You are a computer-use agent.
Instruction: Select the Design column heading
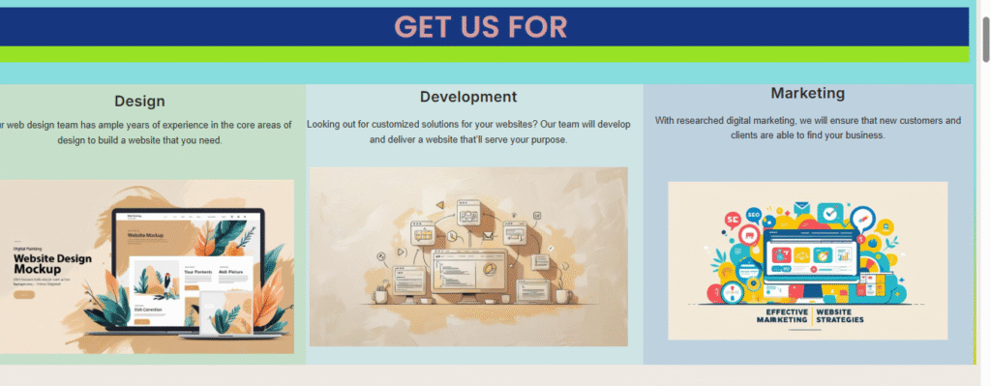click(139, 101)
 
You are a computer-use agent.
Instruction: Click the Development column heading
click(468, 97)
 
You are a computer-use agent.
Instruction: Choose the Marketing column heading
click(807, 93)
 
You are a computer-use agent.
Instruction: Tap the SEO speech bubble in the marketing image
click(733, 220)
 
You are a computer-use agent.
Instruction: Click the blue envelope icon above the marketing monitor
click(801, 207)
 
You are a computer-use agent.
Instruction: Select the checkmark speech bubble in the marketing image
click(829, 213)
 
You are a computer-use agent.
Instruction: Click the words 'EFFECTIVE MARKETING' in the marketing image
click(781, 316)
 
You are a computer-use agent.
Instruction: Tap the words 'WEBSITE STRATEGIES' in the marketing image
click(840, 316)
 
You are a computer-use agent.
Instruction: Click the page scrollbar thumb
click(984, 39)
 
